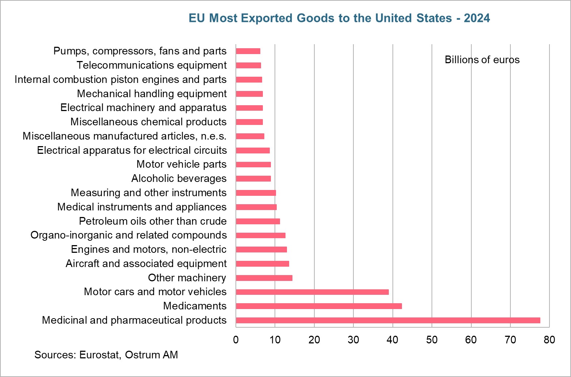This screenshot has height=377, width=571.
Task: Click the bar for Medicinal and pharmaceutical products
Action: pyautogui.click(x=388, y=320)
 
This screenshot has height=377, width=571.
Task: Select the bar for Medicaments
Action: pyautogui.click(x=319, y=306)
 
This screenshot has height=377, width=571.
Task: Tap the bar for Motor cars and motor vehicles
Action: pyautogui.click(x=312, y=292)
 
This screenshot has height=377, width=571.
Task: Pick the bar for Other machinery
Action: pyautogui.click(x=264, y=278)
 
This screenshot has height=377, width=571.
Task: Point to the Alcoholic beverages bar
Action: pyautogui.click(x=253, y=179)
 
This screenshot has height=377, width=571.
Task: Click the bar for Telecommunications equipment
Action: pyautogui.click(x=248, y=65)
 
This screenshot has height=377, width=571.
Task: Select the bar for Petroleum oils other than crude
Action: pyautogui.click(x=258, y=221)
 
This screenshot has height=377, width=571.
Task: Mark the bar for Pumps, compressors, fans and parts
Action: pyautogui.click(x=248, y=51)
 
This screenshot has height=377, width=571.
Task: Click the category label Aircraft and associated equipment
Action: pyautogui.click(x=146, y=263)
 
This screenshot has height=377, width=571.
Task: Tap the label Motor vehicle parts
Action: pyautogui.click(x=181, y=164)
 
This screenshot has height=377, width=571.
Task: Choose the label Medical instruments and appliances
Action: pyautogui.click(x=142, y=207)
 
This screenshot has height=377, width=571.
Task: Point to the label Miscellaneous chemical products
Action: pyautogui.click(x=148, y=122)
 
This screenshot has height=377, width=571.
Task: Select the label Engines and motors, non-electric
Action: pyautogui.click(x=149, y=249)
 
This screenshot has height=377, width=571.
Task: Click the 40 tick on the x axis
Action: pyautogui.click(x=392, y=340)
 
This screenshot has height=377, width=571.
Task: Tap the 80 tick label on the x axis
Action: pyautogui.click(x=549, y=340)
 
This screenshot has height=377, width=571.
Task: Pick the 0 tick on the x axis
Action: pyautogui.click(x=236, y=340)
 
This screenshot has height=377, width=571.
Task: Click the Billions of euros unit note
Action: pyautogui.click(x=482, y=60)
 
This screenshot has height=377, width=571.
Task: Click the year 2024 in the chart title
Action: pyautogui.click(x=477, y=18)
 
